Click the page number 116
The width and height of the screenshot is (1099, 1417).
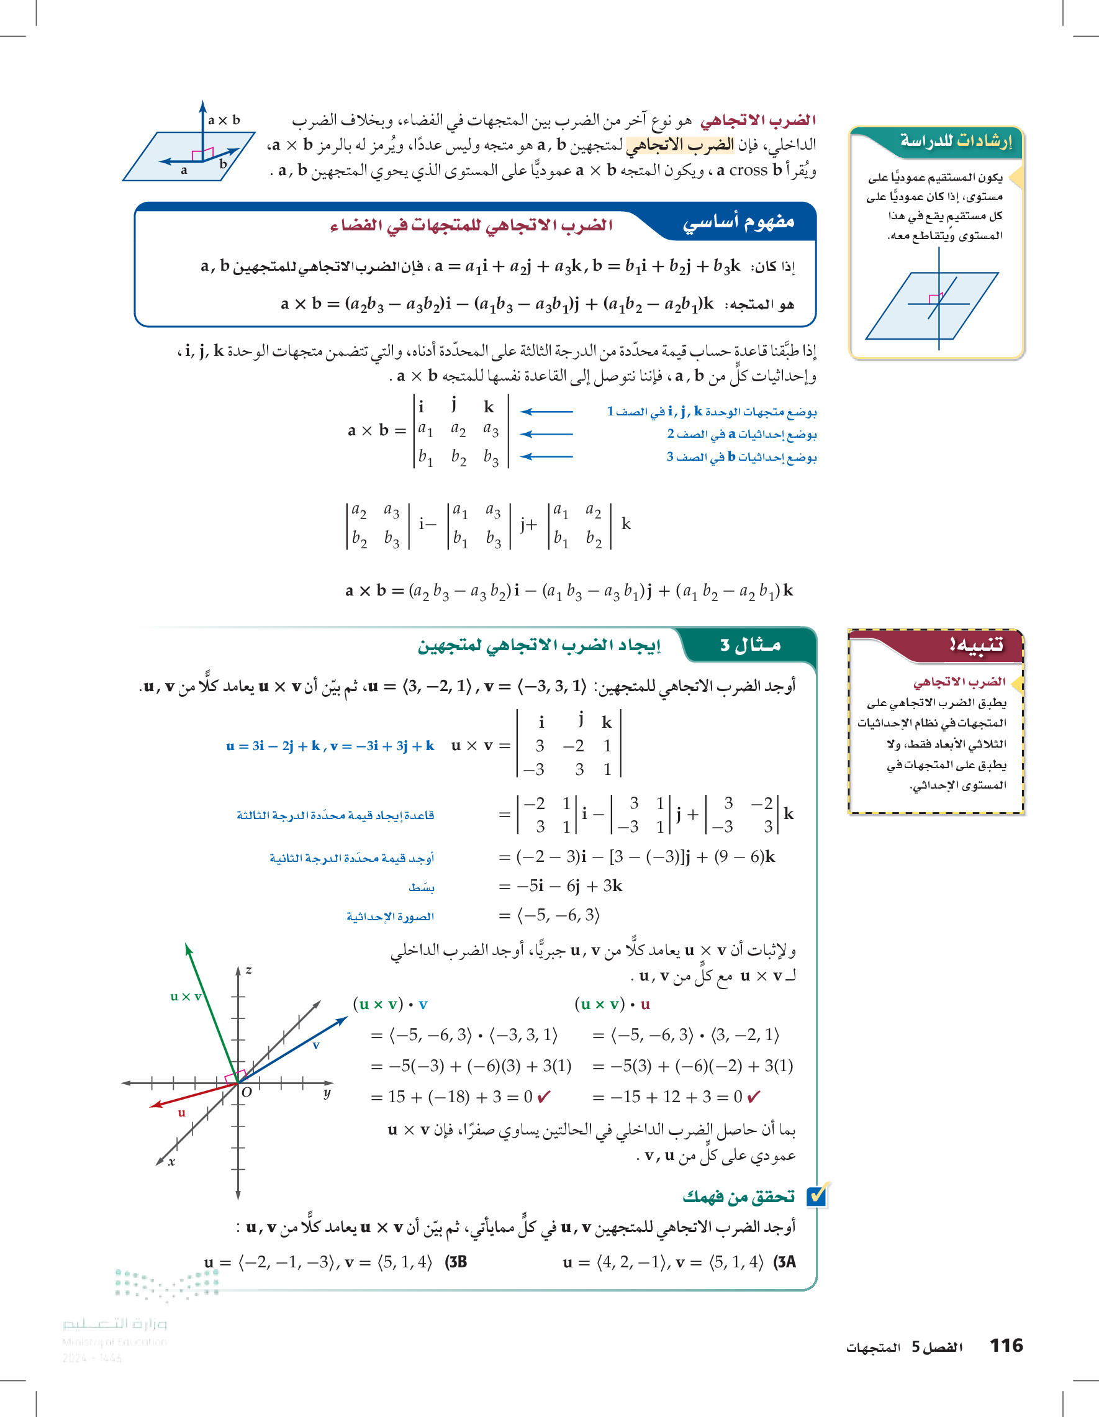click(x=1006, y=1345)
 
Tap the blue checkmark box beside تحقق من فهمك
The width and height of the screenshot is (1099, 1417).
click(x=816, y=1195)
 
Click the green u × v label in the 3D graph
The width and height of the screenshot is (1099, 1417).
click(x=186, y=997)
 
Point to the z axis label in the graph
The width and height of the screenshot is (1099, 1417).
click(x=248, y=970)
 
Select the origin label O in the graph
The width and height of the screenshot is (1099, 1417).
click(x=246, y=1092)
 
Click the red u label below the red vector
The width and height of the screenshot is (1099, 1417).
click(x=182, y=1113)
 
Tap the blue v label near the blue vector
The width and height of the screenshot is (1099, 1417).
click(x=316, y=1045)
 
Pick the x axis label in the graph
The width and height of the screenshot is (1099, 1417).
click(x=171, y=1162)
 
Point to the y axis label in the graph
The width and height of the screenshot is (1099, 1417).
click(x=327, y=1093)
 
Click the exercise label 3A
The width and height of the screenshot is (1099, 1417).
click(x=784, y=1262)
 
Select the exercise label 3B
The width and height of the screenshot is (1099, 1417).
click(x=456, y=1262)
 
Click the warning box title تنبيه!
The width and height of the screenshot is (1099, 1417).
click(x=975, y=645)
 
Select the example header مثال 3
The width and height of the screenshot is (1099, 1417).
click(x=750, y=645)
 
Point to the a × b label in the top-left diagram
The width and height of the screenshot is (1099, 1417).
click(x=224, y=120)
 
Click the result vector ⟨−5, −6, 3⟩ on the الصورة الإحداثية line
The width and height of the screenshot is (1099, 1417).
click(x=558, y=915)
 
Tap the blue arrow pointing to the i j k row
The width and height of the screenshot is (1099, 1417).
click(x=546, y=411)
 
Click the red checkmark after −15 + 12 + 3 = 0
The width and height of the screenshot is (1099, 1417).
click(x=753, y=1097)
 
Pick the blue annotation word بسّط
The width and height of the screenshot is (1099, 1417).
click(x=422, y=887)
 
